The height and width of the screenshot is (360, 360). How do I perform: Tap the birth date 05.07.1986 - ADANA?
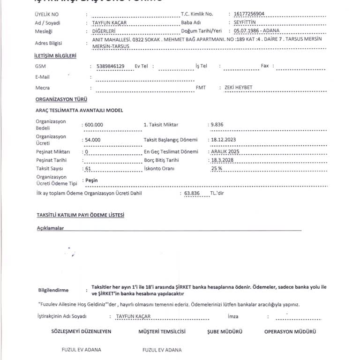[x=256, y=31]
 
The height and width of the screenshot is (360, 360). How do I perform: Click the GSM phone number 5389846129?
[x=110, y=66]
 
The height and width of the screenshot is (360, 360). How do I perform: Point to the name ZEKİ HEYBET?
[x=239, y=88]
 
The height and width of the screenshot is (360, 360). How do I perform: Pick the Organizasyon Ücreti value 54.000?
[x=92, y=140]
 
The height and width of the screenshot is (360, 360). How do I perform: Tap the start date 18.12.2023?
[x=225, y=139]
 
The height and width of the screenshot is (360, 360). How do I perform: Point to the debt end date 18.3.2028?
[x=222, y=160]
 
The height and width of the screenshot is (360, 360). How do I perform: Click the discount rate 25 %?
[x=217, y=168]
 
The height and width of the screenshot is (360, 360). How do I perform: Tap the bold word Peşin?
[x=91, y=180]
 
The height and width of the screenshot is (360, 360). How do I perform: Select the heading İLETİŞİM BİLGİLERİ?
[x=56, y=56]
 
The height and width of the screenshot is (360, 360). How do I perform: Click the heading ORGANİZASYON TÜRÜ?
[x=61, y=99]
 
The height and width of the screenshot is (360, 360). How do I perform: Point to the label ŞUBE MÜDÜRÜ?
[x=225, y=331]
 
